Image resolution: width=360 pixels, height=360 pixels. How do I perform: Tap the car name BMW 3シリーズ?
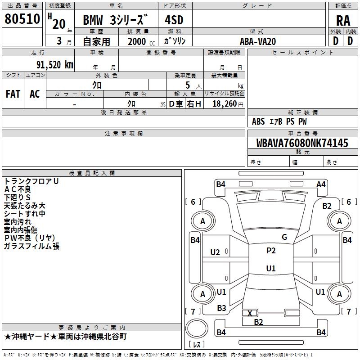[x=115, y=20]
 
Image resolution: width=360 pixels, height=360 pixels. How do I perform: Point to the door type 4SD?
[x=175, y=20]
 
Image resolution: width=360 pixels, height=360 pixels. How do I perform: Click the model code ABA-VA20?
[x=258, y=41]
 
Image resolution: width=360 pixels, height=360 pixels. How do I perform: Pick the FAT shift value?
[x=13, y=94]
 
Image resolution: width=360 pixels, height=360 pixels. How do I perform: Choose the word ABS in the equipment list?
[x=258, y=121]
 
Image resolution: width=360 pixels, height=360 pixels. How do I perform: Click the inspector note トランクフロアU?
[x=31, y=181]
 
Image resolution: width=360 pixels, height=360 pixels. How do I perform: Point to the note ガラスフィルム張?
[x=31, y=246]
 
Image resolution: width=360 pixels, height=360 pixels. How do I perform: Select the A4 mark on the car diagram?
[x=321, y=184]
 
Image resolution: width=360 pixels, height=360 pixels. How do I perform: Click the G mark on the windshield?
[x=284, y=237]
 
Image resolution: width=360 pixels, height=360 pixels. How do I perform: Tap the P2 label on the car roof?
[x=271, y=251]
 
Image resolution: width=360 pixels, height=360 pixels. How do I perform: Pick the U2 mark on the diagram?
[x=215, y=252]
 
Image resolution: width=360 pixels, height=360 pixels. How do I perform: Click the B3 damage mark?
[x=221, y=308]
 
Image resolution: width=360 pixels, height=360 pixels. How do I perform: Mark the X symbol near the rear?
[x=250, y=313]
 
